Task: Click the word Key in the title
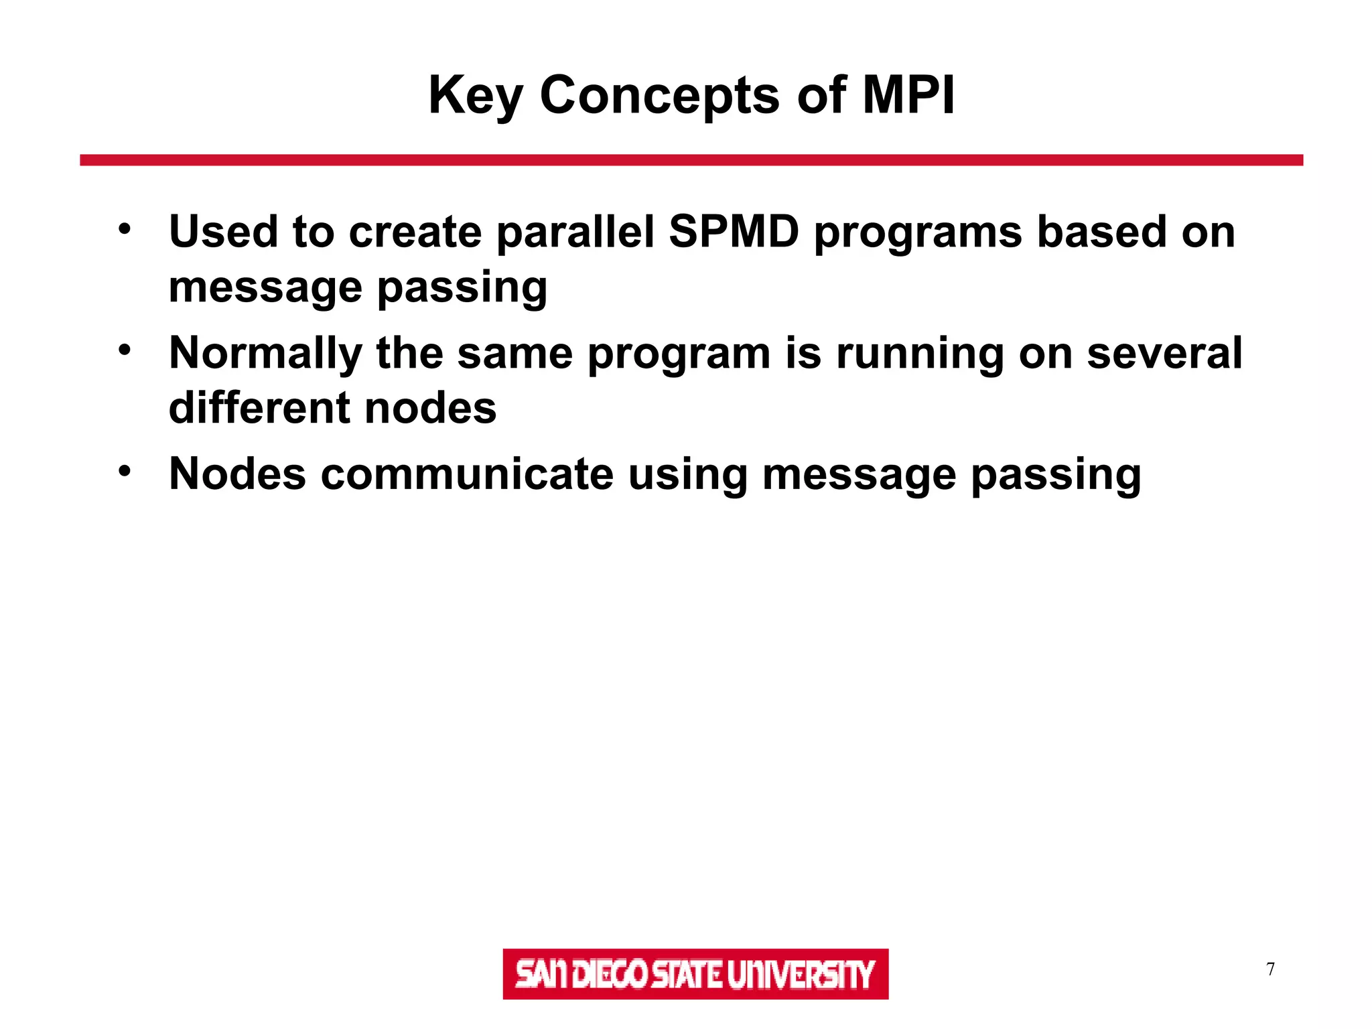pyautogui.click(x=475, y=96)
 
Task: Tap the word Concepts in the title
pyautogui.click(x=659, y=96)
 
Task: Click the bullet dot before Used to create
pyautogui.click(x=125, y=229)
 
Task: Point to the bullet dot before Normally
pyautogui.click(x=125, y=350)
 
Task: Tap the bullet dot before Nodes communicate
pyautogui.click(x=125, y=471)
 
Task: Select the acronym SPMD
pyautogui.click(x=734, y=232)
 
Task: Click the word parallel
pyautogui.click(x=575, y=232)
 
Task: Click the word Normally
pyautogui.click(x=265, y=354)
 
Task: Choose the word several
pyautogui.click(x=1164, y=353)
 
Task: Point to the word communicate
pyautogui.click(x=467, y=474)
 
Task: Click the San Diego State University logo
pyautogui.click(x=695, y=973)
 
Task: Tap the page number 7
pyautogui.click(x=1270, y=969)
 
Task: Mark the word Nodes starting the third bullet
pyautogui.click(x=237, y=474)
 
